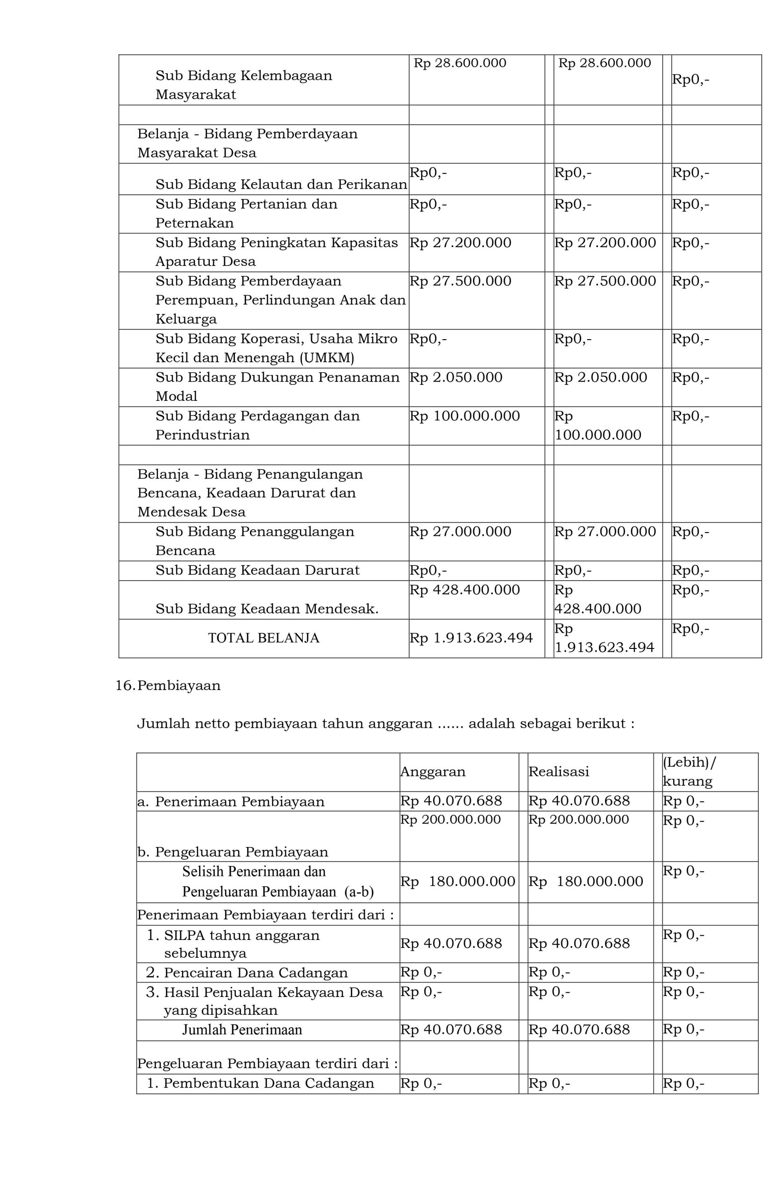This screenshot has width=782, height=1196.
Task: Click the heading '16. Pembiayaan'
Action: point(168,685)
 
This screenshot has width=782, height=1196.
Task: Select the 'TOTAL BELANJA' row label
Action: point(263,638)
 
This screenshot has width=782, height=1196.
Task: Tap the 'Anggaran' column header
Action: point(433,771)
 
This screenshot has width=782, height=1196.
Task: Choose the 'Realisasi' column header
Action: point(558,771)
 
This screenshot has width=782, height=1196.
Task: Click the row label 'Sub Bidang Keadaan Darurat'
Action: point(257,570)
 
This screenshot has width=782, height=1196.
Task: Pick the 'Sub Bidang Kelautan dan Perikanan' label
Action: point(281,185)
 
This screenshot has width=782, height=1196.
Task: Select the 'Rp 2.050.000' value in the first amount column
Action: point(456,377)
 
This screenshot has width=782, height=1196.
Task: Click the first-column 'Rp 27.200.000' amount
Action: point(460,243)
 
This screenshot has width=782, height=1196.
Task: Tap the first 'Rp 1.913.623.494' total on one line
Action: point(471,638)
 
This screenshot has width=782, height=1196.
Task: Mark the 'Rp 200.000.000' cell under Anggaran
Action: point(450,819)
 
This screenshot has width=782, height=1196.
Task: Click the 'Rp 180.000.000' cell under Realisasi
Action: point(585,881)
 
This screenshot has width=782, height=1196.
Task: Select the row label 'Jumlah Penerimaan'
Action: point(242,1030)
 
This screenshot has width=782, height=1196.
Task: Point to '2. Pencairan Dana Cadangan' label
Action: point(247,972)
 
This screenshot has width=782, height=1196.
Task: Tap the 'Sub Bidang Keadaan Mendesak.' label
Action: point(267,609)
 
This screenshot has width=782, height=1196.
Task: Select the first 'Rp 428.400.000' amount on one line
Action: point(464,590)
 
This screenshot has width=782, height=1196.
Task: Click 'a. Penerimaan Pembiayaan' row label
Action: point(231,802)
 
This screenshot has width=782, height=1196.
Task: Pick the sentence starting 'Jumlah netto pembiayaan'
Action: point(385,724)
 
